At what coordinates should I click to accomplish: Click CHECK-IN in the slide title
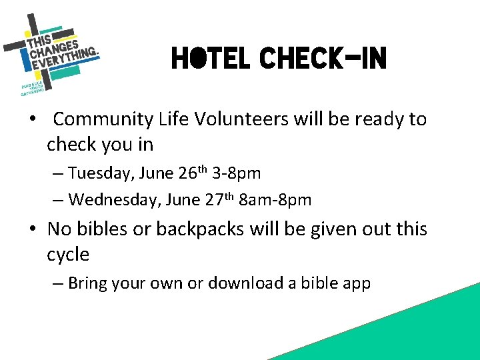tap(323, 59)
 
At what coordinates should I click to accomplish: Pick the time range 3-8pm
tap(236, 173)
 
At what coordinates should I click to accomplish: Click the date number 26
tap(186, 173)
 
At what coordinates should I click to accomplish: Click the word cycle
tap(68, 255)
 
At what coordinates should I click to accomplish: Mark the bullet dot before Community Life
tap(31, 120)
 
